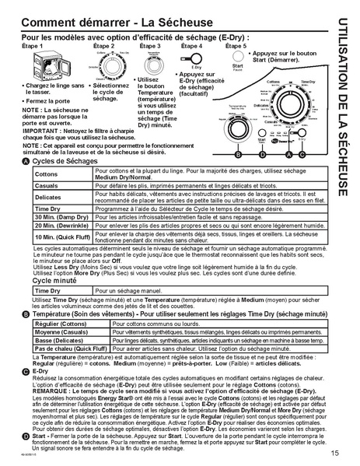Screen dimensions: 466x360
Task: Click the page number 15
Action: click(334, 454)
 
